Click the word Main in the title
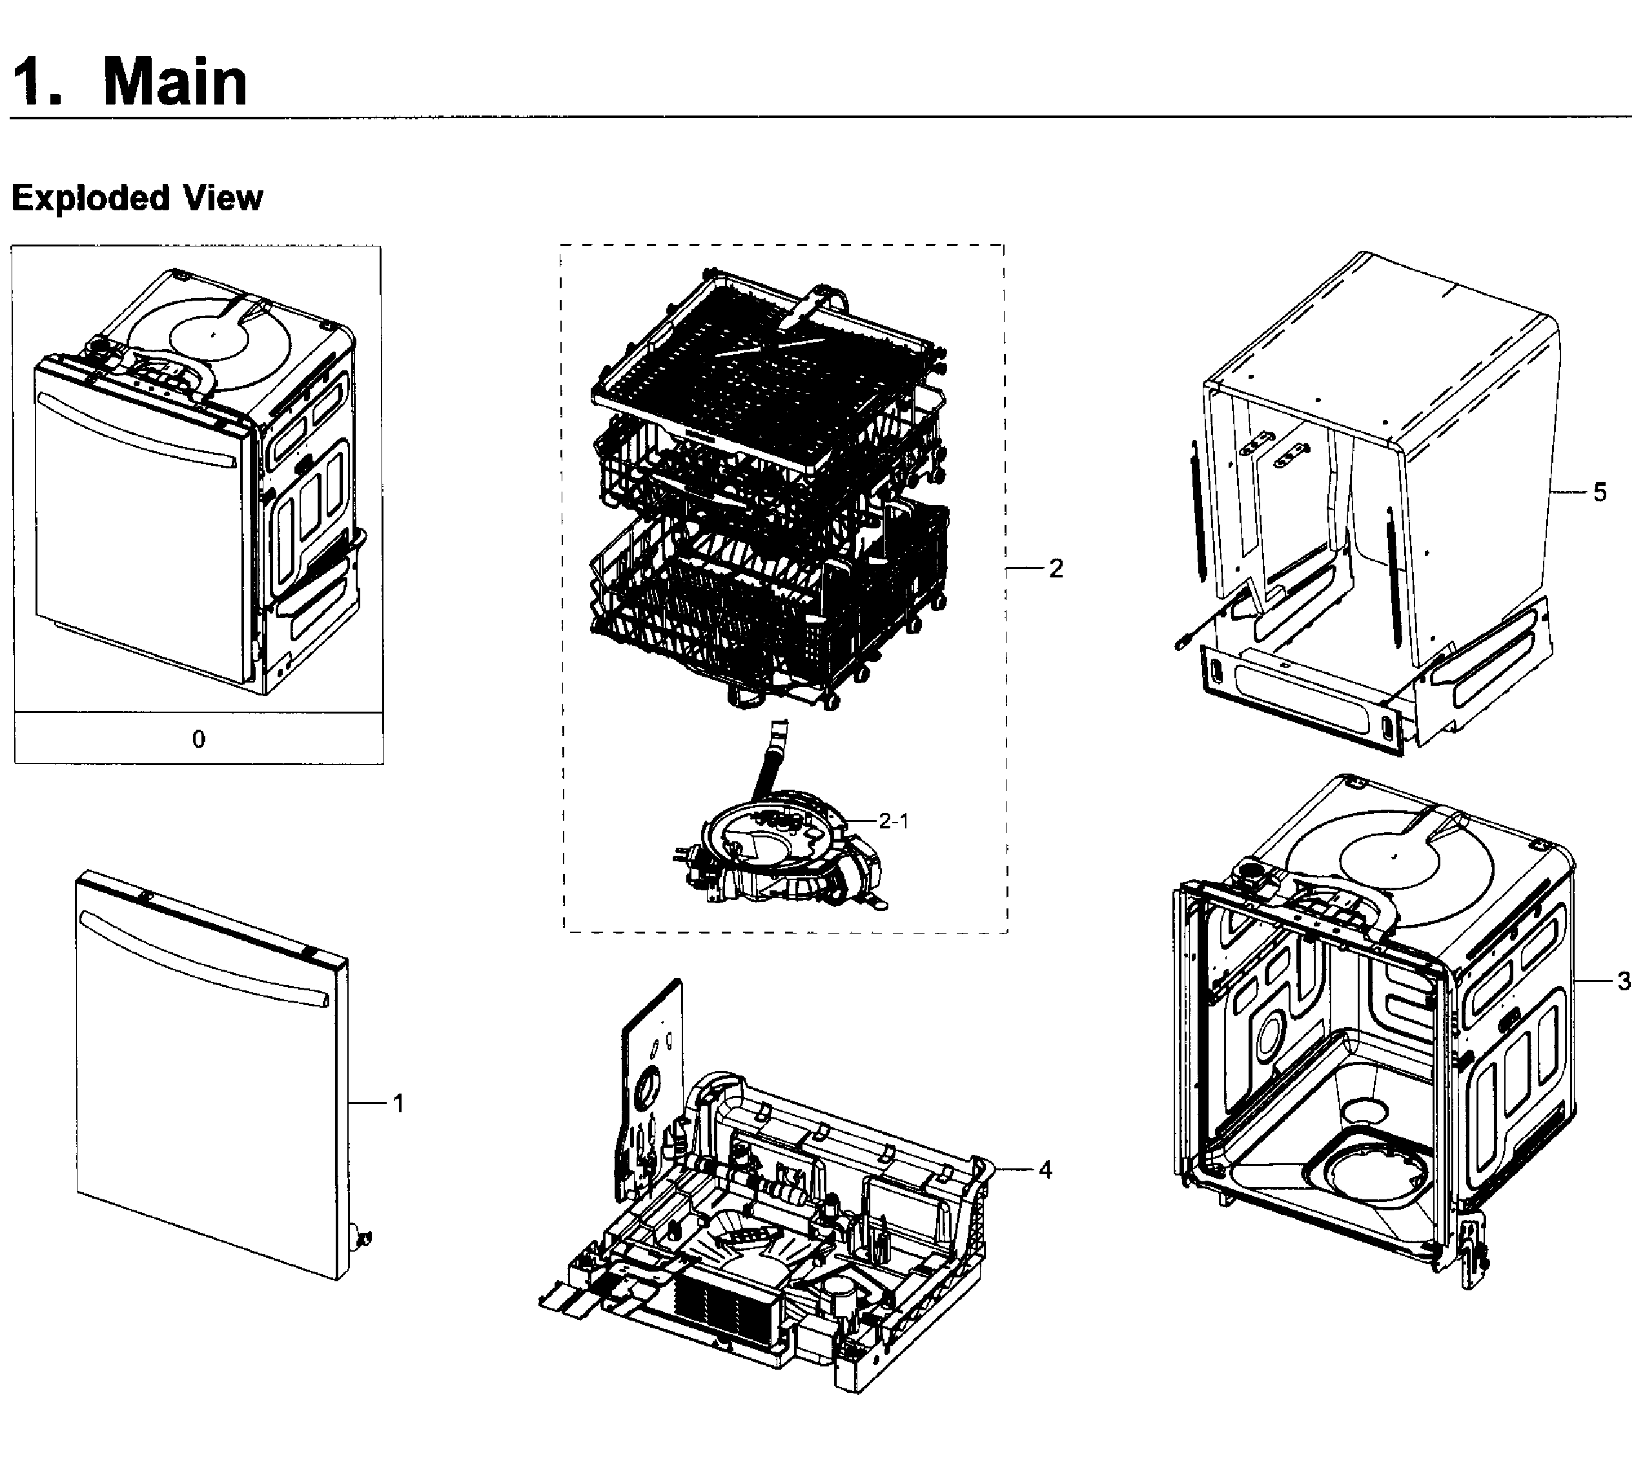175,83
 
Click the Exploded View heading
137,197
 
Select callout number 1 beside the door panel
398,1103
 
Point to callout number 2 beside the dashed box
1055,568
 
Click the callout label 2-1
892,821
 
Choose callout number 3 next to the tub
1623,981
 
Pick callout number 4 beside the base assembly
1045,1170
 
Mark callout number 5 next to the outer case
1599,492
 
